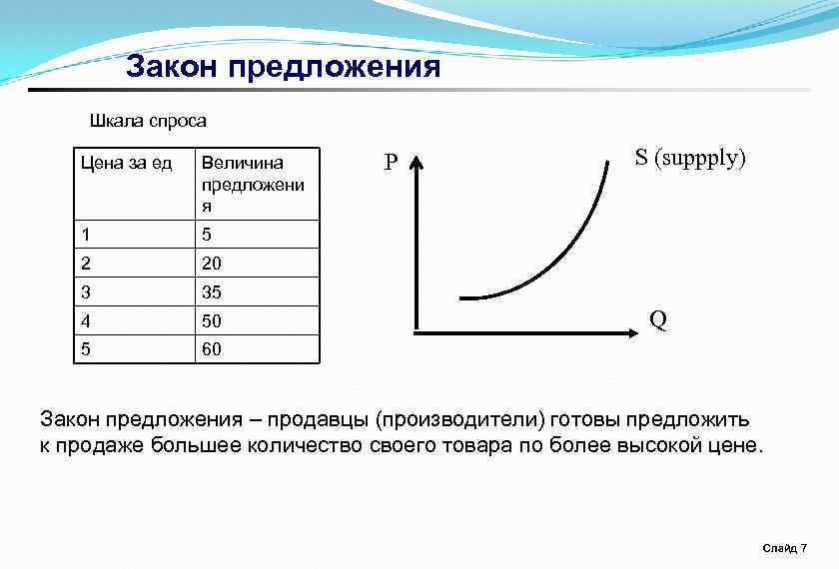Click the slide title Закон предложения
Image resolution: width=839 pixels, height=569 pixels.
(x=283, y=67)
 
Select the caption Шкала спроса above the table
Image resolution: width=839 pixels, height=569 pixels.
(x=148, y=121)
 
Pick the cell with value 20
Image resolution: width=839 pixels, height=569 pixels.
(x=212, y=264)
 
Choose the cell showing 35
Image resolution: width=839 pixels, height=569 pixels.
(x=212, y=292)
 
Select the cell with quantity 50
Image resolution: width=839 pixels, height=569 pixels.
(x=212, y=321)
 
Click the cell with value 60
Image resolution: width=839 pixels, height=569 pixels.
(x=212, y=349)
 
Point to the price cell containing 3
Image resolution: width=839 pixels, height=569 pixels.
(x=87, y=292)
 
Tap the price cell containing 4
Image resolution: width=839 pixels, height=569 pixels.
(x=87, y=321)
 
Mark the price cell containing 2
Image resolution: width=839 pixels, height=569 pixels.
(x=87, y=264)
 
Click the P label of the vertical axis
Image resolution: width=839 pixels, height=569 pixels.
(x=391, y=163)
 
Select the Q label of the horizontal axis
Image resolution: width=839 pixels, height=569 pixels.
(x=657, y=320)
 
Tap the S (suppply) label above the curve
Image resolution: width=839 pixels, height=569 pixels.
(x=690, y=158)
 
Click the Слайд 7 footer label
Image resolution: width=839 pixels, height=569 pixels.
(x=784, y=548)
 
